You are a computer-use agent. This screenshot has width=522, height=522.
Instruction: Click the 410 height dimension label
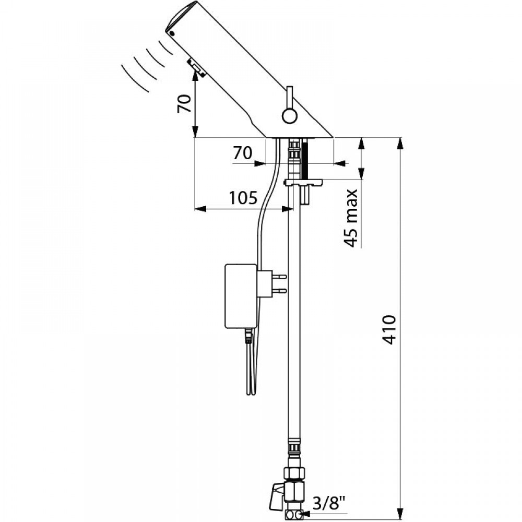[393, 328]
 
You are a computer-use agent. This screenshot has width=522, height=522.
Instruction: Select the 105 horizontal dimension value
[243, 198]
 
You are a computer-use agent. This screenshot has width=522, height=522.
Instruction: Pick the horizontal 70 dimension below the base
[242, 153]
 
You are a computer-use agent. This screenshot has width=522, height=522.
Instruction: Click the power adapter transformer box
[241, 296]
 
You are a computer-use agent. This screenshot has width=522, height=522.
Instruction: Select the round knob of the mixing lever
[288, 115]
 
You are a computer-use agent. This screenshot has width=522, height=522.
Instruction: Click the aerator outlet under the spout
[194, 67]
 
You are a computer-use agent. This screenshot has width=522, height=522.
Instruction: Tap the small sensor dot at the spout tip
[171, 32]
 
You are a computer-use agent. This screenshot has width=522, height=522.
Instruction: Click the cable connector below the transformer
[247, 338]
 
